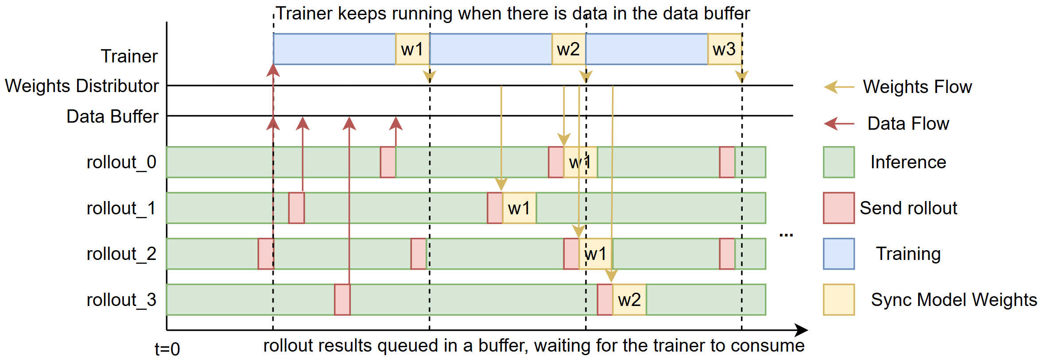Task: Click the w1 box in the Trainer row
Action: (x=412, y=49)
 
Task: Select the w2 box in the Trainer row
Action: (x=569, y=49)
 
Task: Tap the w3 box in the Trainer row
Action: (x=725, y=49)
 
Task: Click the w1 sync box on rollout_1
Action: (x=519, y=208)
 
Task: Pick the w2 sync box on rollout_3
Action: (x=629, y=300)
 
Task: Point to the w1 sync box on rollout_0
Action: (x=580, y=162)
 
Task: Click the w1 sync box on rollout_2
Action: (x=596, y=254)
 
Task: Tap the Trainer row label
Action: (x=129, y=56)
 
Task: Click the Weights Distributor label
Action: (x=82, y=86)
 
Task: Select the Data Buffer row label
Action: (x=112, y=116)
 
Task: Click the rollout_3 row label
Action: (x=121, y=300)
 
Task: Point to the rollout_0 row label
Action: (x=121, y=162)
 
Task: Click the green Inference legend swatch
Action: (x=838, y=162)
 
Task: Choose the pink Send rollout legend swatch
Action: (x=838, y=208)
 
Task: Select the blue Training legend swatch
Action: (x=838, y=254)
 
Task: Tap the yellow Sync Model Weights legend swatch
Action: (x=838, y=300)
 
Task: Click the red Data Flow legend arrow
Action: (x=838, y=124)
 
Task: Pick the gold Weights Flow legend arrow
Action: (x=838, y=87)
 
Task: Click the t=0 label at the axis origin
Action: (x=167, y=349)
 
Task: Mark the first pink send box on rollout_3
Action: (x=342, y=300)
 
